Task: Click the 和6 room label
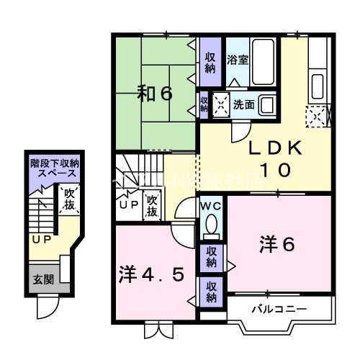point(155,94)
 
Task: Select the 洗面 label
point(243,105)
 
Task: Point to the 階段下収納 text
point(54,165)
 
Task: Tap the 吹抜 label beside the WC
point(153,206)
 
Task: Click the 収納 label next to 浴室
point(210,63)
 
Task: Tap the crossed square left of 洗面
point(220,104)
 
